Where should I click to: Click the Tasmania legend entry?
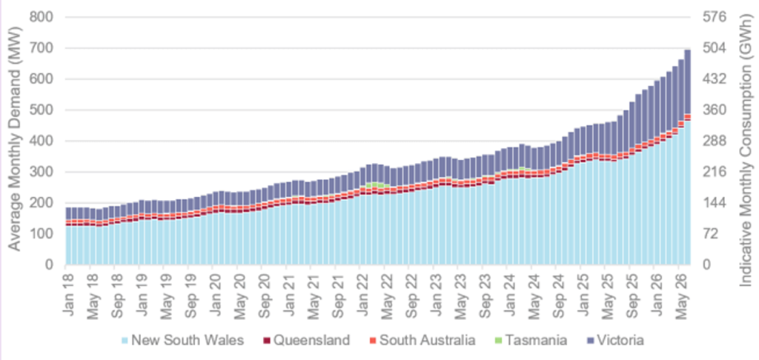529,340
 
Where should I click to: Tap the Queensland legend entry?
306,340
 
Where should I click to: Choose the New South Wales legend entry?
183,340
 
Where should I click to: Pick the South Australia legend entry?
421,340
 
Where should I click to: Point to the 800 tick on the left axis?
42,18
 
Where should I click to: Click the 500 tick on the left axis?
42,110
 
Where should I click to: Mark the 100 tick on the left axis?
42,234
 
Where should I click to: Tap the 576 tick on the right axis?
715,18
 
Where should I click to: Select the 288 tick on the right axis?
715,141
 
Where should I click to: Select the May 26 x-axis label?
682,290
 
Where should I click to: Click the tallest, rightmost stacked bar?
687,157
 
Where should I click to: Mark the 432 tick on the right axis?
715,79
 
